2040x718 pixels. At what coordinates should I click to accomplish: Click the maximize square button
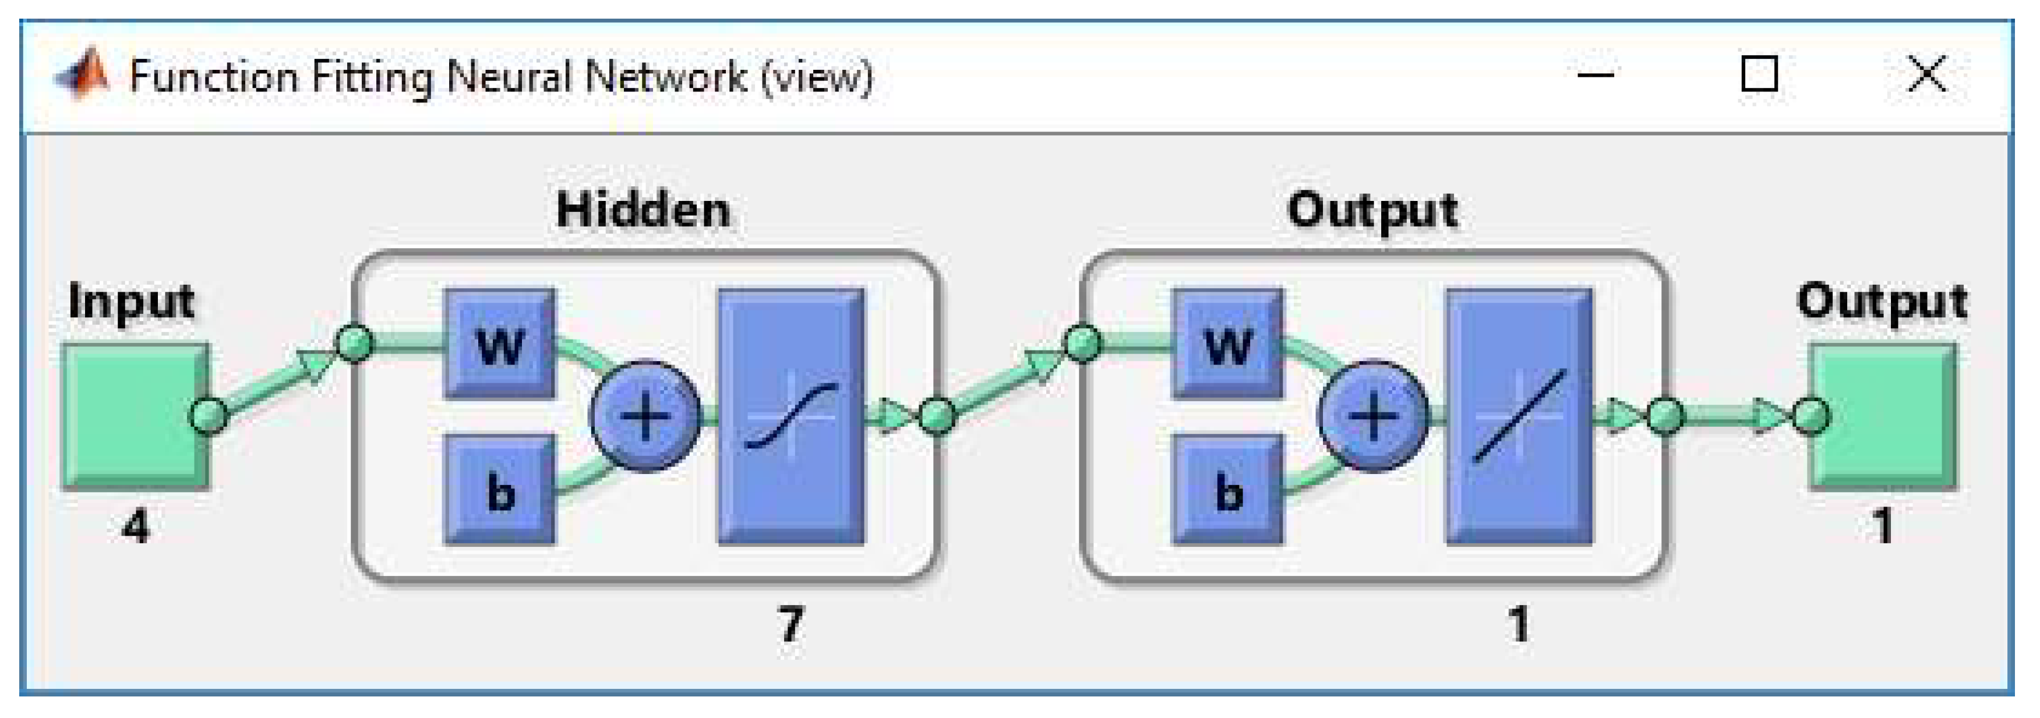click(1759, 75)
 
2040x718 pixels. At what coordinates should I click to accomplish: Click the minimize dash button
click(1596, 75)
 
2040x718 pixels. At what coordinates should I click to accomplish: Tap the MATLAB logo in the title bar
click(82, 75)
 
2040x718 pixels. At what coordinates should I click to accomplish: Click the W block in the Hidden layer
click(500, 344)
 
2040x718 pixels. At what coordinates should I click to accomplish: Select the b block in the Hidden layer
click(500, 490)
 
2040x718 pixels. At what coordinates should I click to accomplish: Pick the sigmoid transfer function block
click(791, 416)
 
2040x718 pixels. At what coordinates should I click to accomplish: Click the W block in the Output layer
click(1227, 344)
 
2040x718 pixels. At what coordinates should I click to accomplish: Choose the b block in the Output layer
click(1227, 490)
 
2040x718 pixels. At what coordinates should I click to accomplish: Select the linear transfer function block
click(1519, 416)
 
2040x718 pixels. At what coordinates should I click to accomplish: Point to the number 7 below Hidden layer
click(790, 625)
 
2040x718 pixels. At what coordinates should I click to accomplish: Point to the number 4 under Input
click(135, 526)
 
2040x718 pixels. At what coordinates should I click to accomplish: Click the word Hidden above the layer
click(643, 211)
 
